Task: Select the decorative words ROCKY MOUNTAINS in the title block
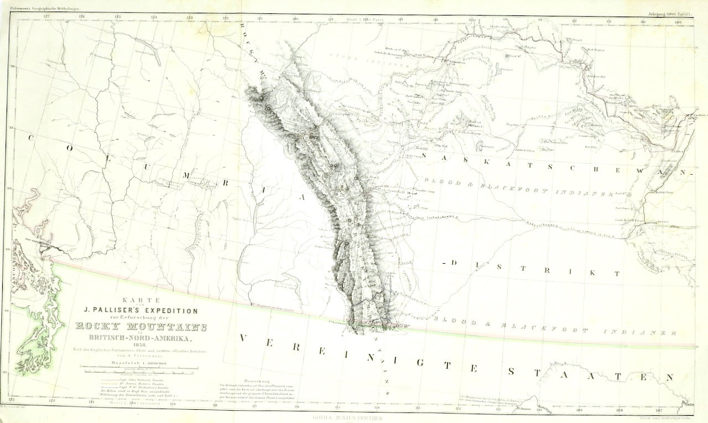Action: coord(140,327)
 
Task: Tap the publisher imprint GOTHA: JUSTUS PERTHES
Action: coord(347,419)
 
